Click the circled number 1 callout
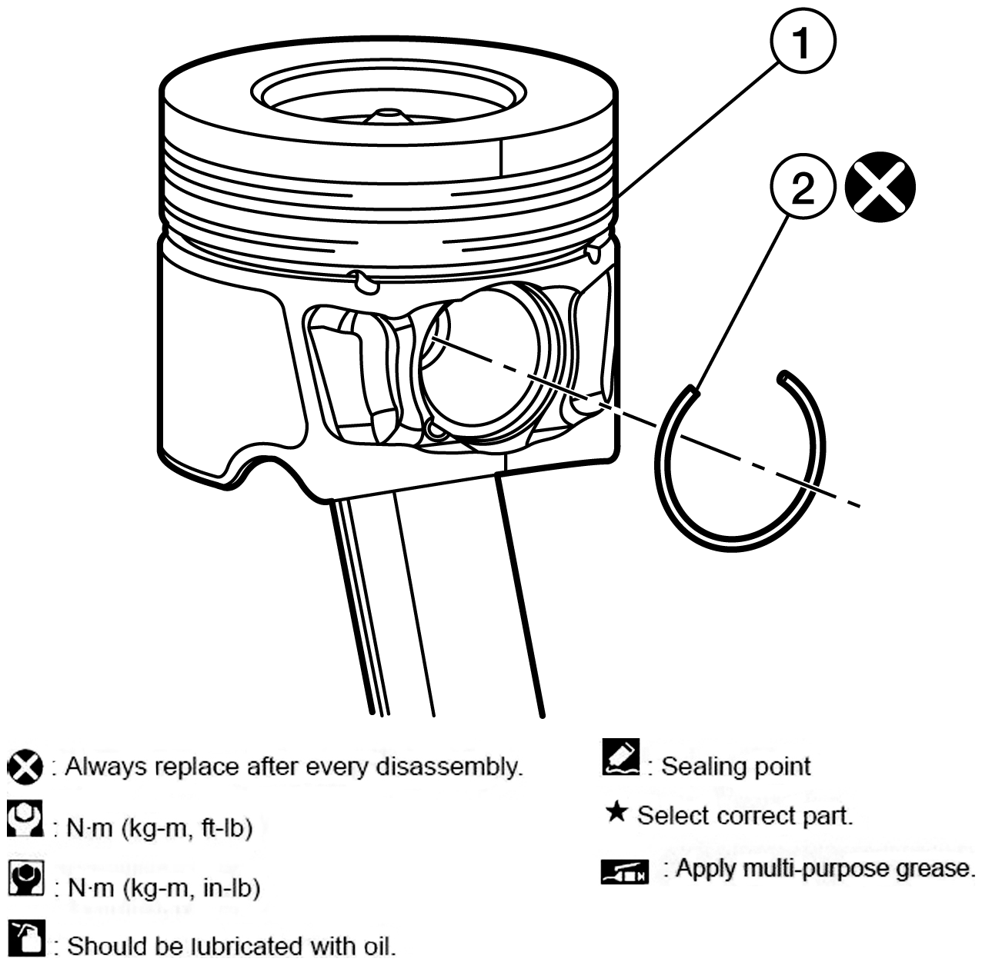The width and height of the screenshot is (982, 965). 803,42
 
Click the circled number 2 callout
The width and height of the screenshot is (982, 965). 803,187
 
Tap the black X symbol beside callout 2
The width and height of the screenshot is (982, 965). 880,187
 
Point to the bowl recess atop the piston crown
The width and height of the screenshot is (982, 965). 389,92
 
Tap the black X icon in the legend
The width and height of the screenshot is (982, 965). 25,767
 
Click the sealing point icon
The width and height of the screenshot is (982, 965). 621,757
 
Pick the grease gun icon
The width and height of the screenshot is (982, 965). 625,872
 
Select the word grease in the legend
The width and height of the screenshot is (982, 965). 934,869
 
